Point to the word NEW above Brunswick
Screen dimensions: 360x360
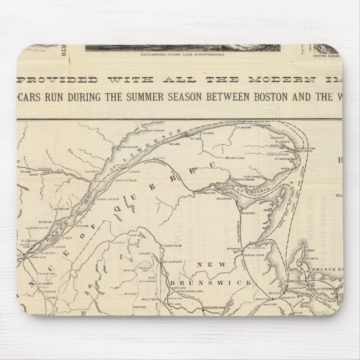coord(216,264)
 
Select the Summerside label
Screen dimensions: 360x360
coord(299,279)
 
